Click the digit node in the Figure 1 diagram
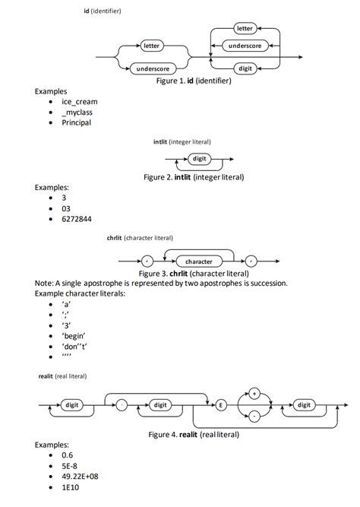[245, 68]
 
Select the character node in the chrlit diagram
[199, 261]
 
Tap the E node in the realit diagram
[221, 405]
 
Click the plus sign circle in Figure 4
[254, 392]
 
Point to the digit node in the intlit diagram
[199, 158]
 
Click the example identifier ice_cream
[79, 101]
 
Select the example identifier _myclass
[77, 112]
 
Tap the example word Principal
[76, 122]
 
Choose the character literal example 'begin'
[74, 335]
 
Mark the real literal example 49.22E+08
[83, 476]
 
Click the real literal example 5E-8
[72, 465]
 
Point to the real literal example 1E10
[71, 486]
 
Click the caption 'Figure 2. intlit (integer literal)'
[194, 177]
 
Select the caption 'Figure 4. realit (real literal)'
[194, 434]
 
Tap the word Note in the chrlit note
[44, 283]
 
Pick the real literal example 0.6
[68, 455]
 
